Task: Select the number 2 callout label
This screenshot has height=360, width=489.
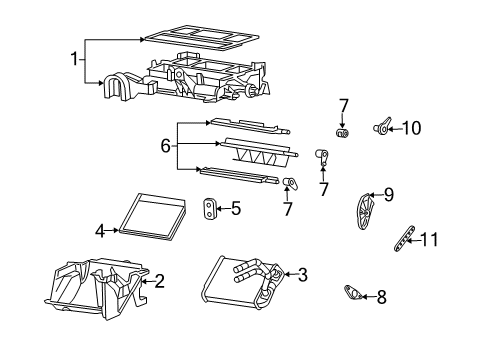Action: pyautogui.click(x=157, y=282)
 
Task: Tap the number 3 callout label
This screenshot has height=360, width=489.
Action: pyautogui.click(x=302, y=273)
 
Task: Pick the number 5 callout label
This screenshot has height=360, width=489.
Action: pyautogui.click(x=236, y=209)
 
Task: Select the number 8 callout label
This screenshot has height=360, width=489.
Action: pyautogui.click(x=379, y=296)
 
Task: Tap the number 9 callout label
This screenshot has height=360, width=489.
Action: pyautogui.click(x=389, y=195)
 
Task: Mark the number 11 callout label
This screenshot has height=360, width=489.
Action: pyautogui.click(x=429, y=240)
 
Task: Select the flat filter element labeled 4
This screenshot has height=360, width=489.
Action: pyautogui.click(x=150, y=213)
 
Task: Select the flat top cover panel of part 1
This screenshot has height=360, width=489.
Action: pyautogui.click(x=200, y=37)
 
